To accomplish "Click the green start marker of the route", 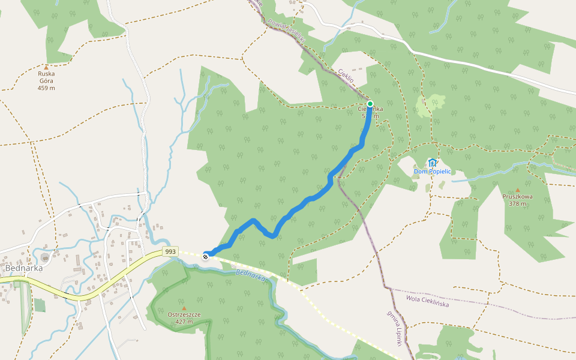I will coord(370,103).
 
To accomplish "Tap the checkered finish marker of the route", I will coord(206,257).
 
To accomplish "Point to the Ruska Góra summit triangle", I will coord(46,68).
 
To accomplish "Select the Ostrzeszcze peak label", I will coord(184,314).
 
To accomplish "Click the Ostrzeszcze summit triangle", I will coord(184,308).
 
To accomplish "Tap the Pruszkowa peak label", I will coord(518,196).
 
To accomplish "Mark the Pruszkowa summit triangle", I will coord(518,190).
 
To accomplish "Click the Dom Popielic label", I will coord(432,172).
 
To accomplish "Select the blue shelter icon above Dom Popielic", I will coord(432,162).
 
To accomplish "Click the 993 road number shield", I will coord(170,252).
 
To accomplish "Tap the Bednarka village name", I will coord(23,268).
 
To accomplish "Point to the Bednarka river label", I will coord(251,277).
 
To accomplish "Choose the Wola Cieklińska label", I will coord(427,301).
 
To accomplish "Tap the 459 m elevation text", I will coord(46,88).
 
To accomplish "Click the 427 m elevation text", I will coord(184,322).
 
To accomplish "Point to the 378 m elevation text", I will coord(518,203).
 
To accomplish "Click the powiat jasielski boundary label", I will coord(287,31).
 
